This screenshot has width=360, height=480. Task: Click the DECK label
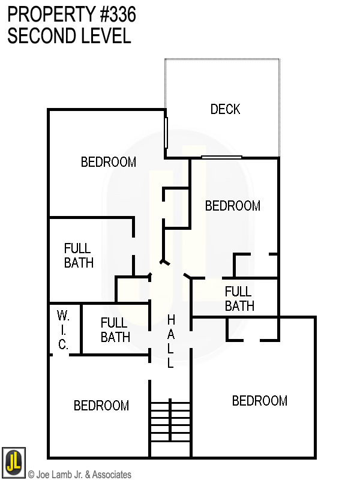click(x=225, y=109)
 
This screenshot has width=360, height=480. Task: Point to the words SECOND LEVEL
click(x=69, y=36)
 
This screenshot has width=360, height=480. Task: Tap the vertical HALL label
click(x=170, y=341)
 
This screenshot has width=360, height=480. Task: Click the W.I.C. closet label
click(x=63, y=330)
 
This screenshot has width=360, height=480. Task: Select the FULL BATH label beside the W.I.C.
click(x=115, y=330)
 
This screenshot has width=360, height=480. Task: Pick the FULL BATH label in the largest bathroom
click(x=78, y=256)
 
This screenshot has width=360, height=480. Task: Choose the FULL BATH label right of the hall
click(x=239, y=299)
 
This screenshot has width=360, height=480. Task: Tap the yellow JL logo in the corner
click(x=13, y=462)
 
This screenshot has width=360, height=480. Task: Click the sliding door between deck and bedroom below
click(x=221, y=157)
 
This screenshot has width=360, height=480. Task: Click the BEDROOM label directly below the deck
click(x=232, y=206)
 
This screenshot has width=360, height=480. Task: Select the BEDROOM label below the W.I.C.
click(x=101, y=406)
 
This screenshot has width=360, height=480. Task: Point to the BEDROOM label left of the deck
click(x=108, y=162)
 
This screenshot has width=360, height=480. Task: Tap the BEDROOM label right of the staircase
click(x=259, y=401)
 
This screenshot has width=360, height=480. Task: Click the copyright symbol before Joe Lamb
click(x=31, y=475)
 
